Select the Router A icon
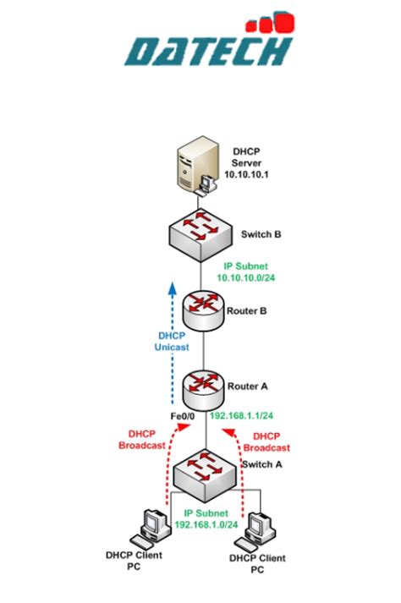(200, 386)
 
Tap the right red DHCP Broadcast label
(267, 442)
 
